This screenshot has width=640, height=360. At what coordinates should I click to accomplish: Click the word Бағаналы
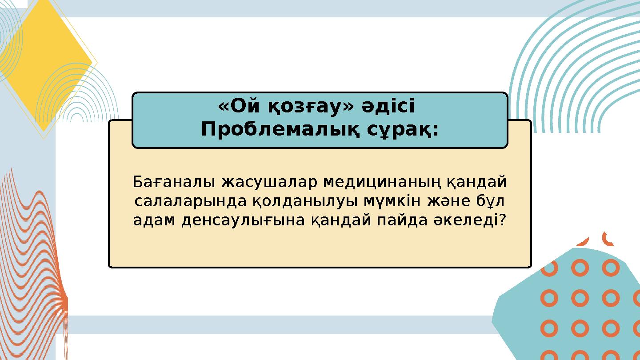pyautogui.click(x=174, y=182)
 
